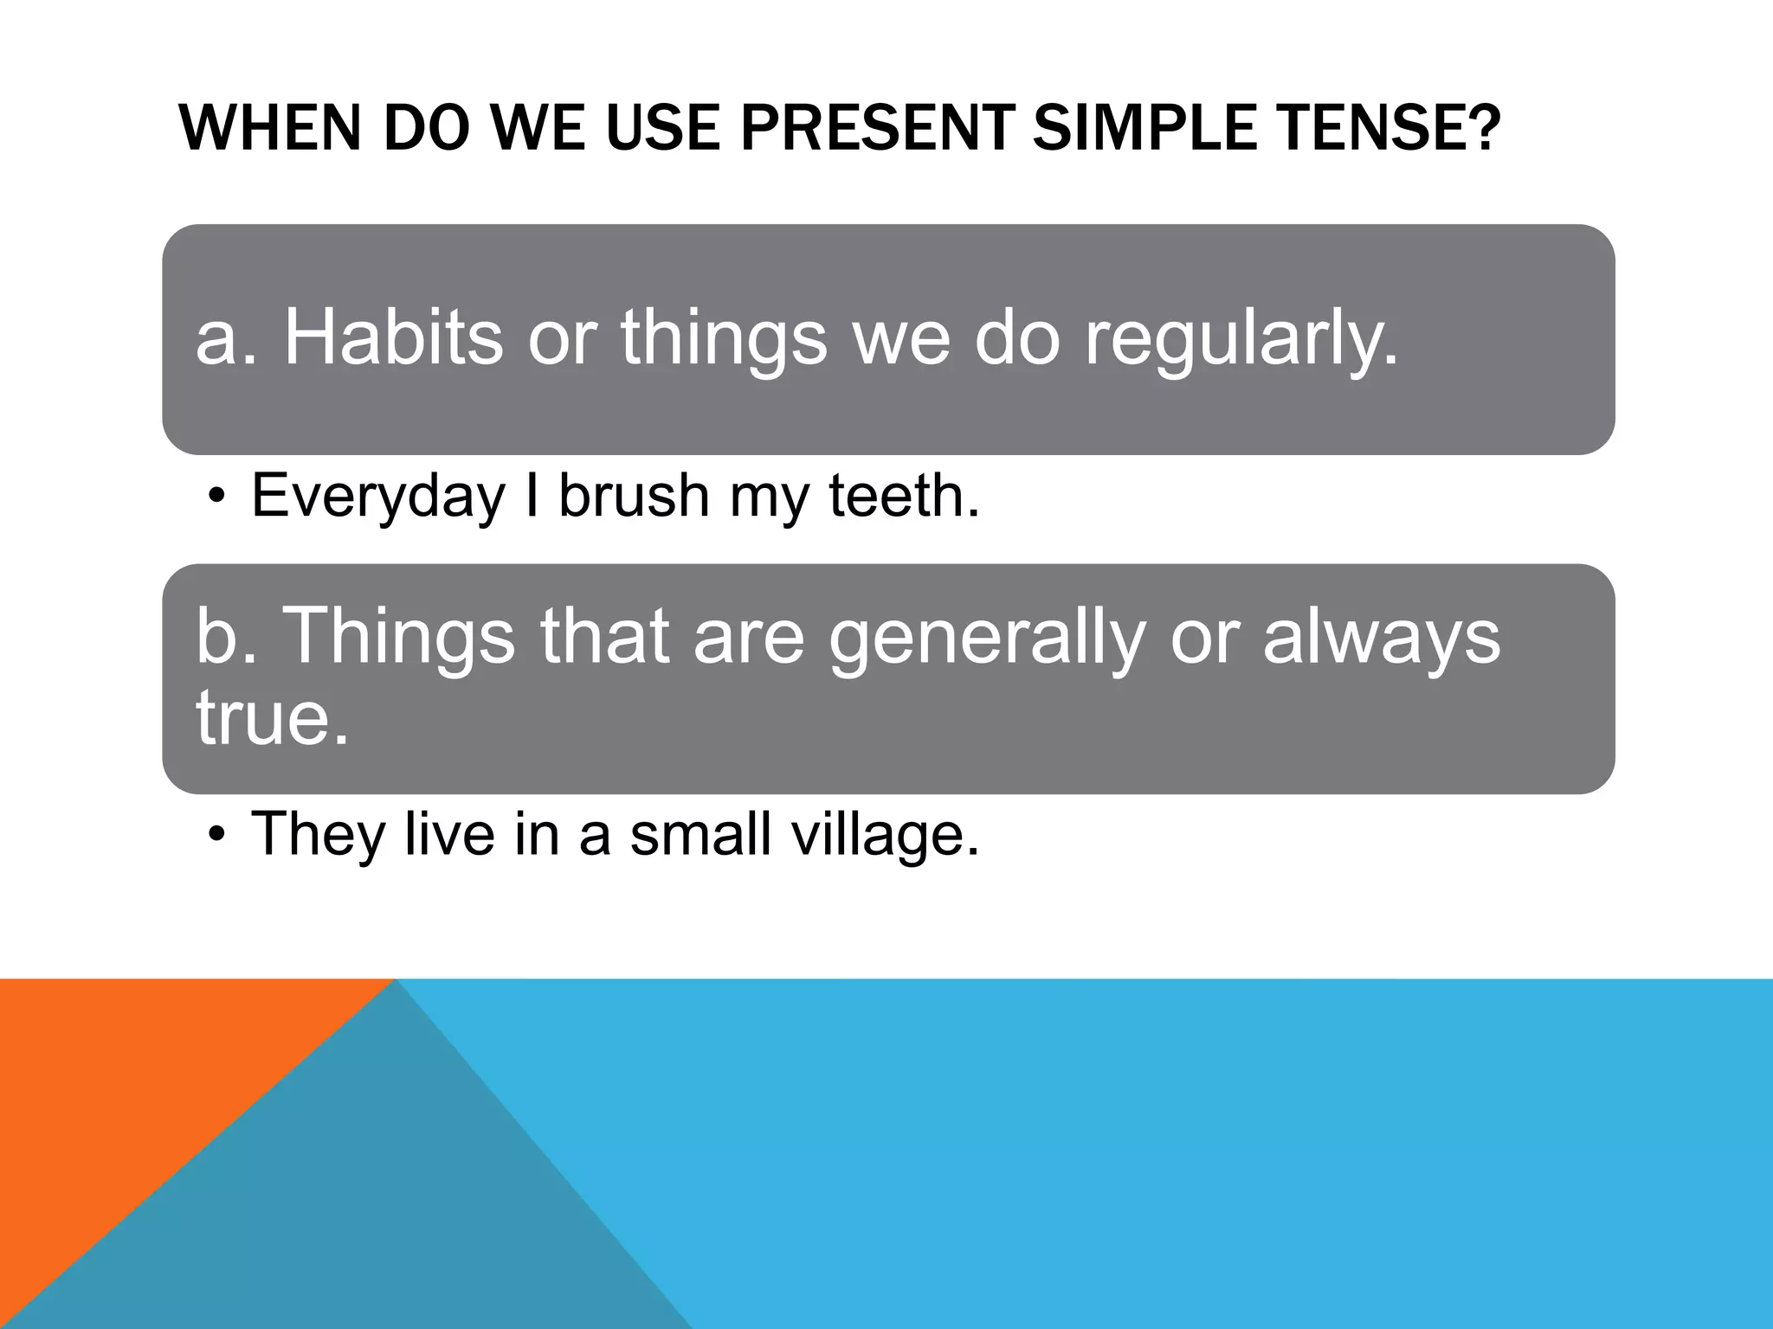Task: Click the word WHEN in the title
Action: [268, 128]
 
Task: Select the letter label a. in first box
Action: [227, 339]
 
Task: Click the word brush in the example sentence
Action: [633, 496]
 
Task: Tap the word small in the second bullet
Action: [700, 834]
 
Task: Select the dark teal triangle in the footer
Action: [390, 1211]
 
